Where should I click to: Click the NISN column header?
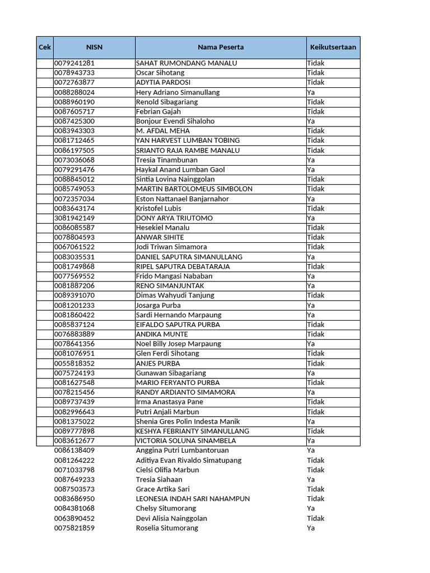(94, 48)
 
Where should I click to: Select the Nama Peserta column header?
(221, 48)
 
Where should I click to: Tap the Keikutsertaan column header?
(333, 48)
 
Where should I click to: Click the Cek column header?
(45, 48)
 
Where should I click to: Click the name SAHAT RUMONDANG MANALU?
(186, 63)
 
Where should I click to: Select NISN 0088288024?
(74, 92)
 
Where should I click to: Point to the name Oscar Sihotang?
(160, 73)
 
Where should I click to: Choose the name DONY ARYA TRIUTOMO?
(174, 218)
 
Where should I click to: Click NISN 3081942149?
(74, 218)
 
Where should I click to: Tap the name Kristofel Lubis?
(158, 209)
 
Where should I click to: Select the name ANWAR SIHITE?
(160, 237)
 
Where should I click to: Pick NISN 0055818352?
(74, 363)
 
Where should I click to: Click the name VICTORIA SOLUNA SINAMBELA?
(186, 441)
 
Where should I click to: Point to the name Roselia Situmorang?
(167, 528)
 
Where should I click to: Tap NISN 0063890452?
(74, 518)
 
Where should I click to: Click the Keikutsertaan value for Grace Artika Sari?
(316, 489)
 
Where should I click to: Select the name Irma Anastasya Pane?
(170, 402)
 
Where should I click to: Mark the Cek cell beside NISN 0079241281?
(45, 63)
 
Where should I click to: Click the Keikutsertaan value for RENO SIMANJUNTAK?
(311, 286)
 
